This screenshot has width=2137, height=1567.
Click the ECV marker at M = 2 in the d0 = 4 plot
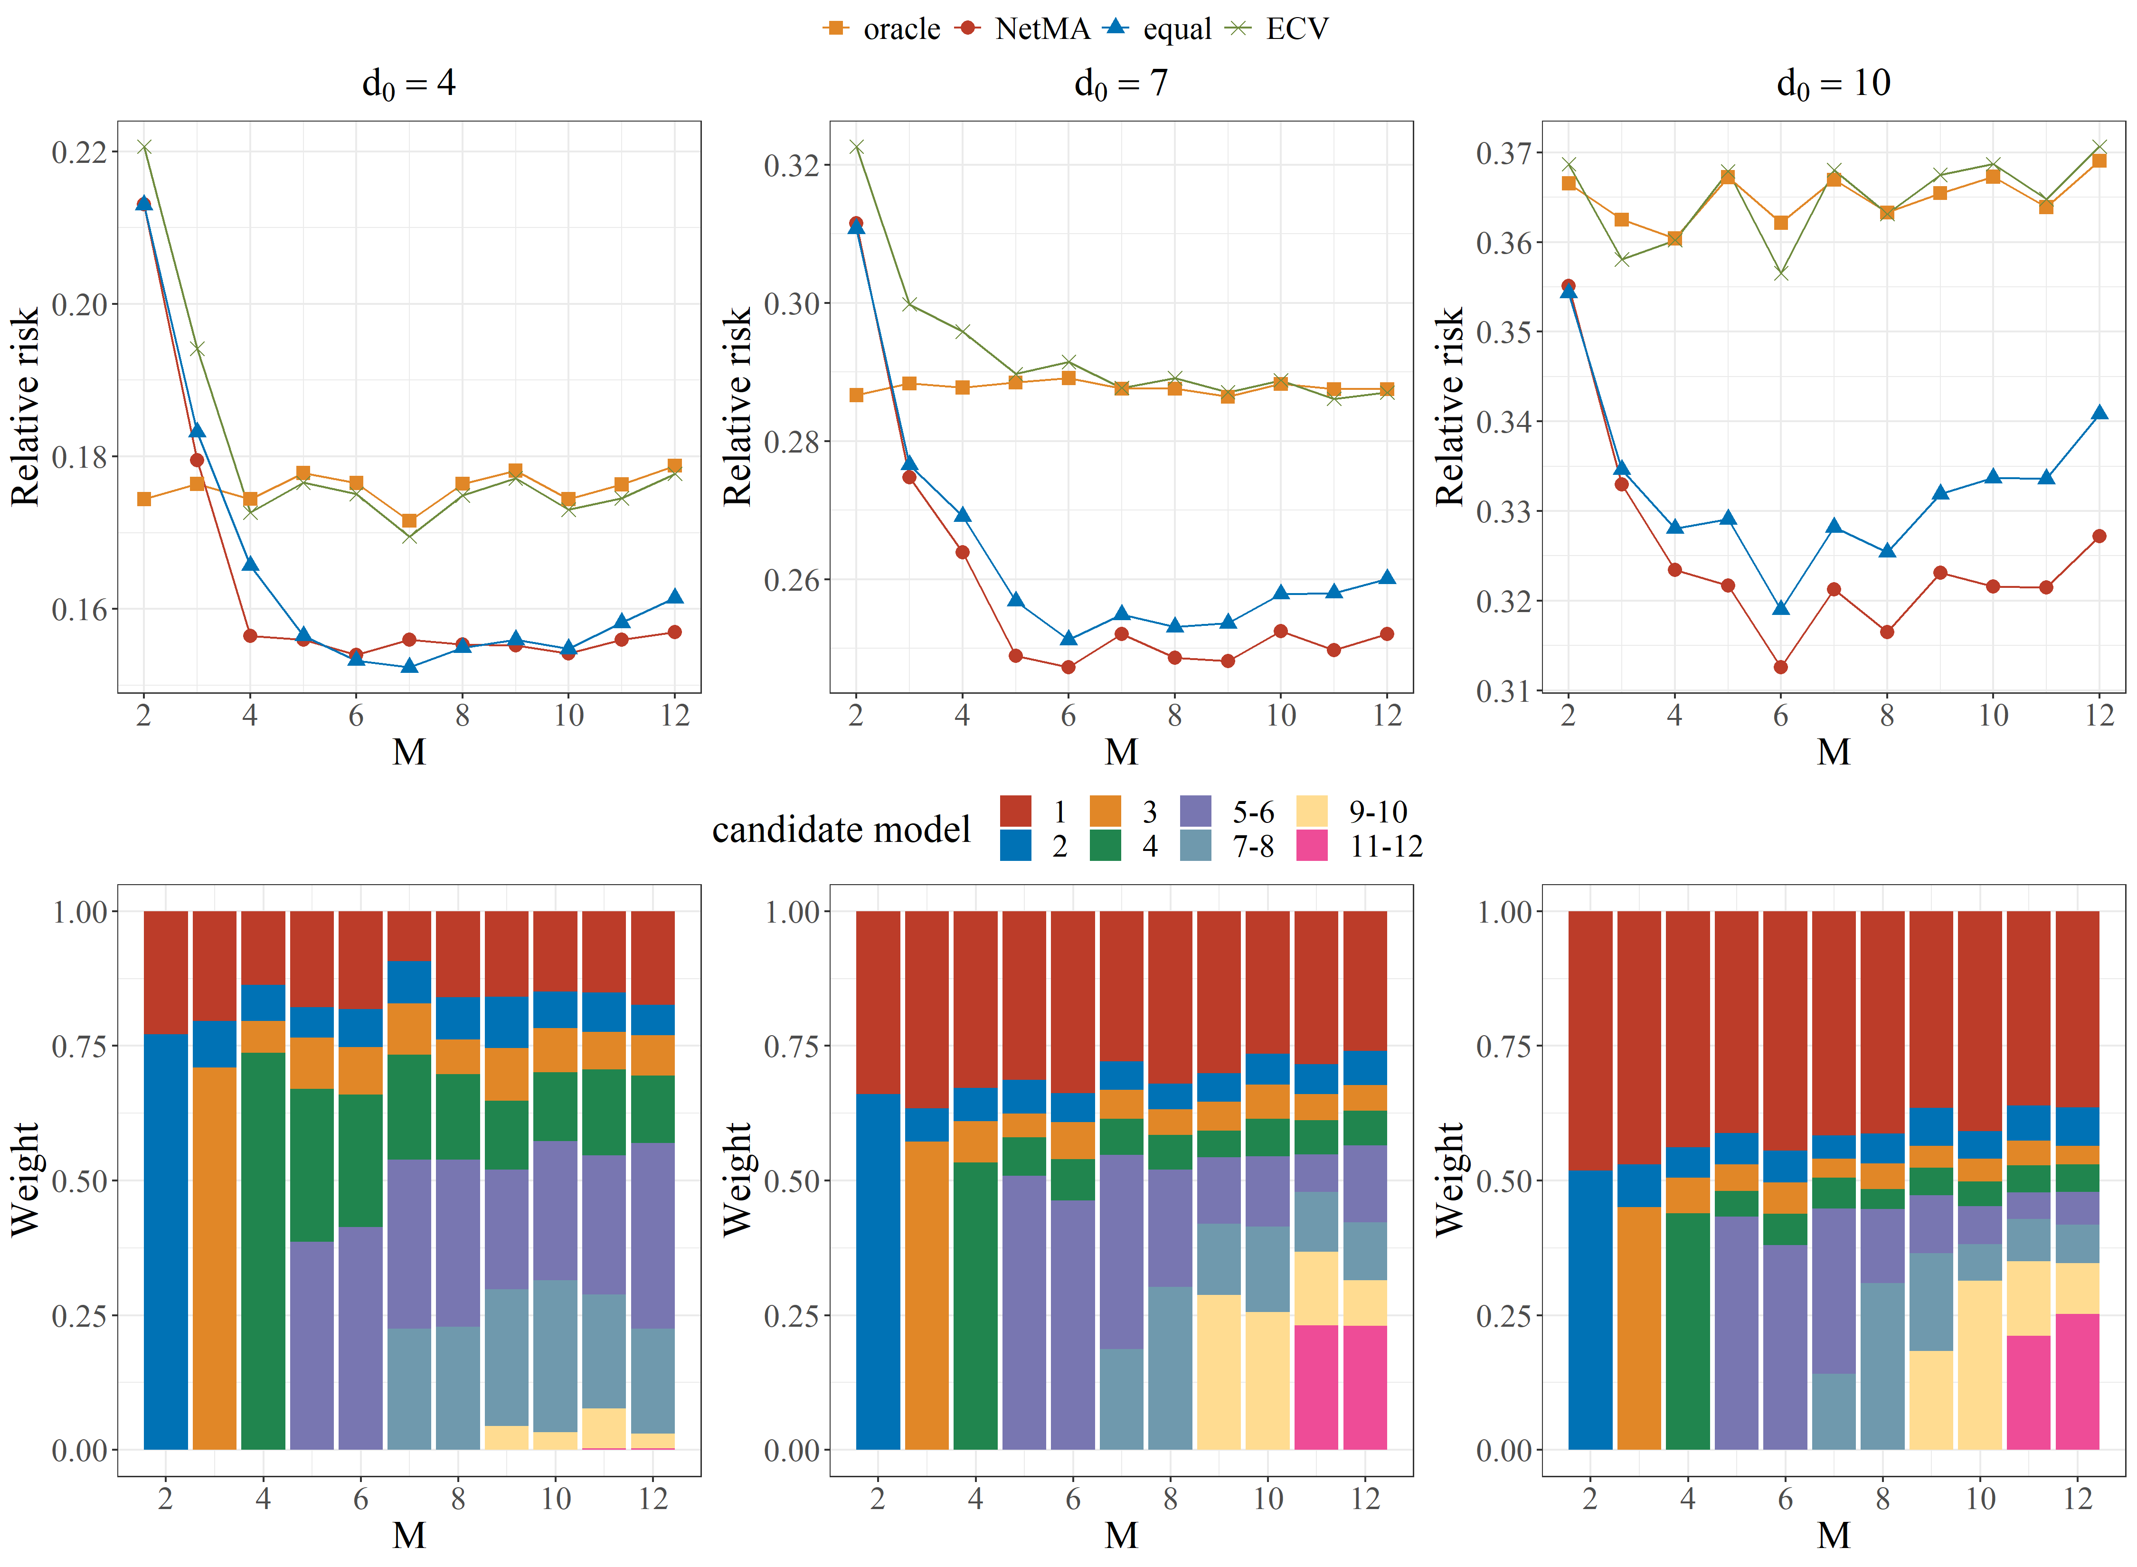point(144,147)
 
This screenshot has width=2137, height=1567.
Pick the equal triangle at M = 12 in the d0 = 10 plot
point(2099,413)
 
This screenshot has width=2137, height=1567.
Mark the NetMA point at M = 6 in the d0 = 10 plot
point(1780,667)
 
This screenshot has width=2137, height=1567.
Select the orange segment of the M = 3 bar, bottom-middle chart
point(927,1295)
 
